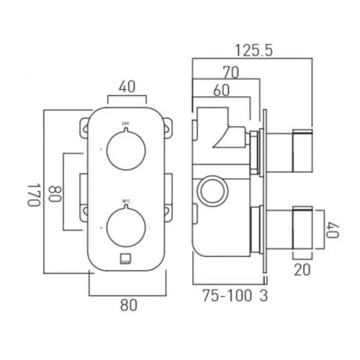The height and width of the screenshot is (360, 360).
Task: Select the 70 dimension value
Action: point(230,73)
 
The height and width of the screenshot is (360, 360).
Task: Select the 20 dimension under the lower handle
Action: point(302,269)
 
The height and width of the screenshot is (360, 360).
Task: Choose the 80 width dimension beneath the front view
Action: point(128,305)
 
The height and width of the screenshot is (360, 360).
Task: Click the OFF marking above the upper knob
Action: point(125,124)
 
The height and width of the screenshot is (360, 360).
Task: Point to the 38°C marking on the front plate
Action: point(125,201)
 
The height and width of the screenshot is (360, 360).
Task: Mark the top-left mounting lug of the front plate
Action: point(83,126)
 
